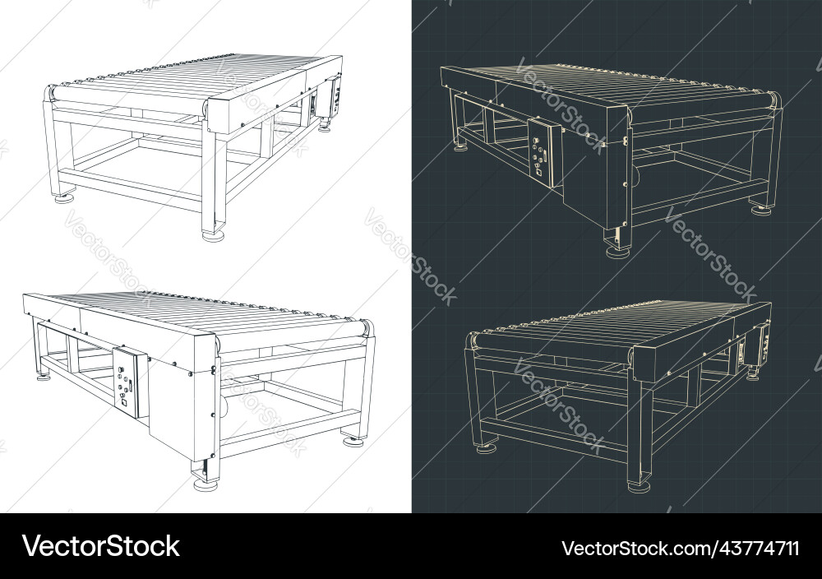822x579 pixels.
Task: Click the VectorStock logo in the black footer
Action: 100,546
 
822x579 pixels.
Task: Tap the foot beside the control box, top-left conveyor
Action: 326,127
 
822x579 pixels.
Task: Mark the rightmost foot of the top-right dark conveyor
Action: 760,209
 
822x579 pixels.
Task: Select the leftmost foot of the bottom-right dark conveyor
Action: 485,447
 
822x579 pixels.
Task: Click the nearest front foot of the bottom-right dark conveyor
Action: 637,487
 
